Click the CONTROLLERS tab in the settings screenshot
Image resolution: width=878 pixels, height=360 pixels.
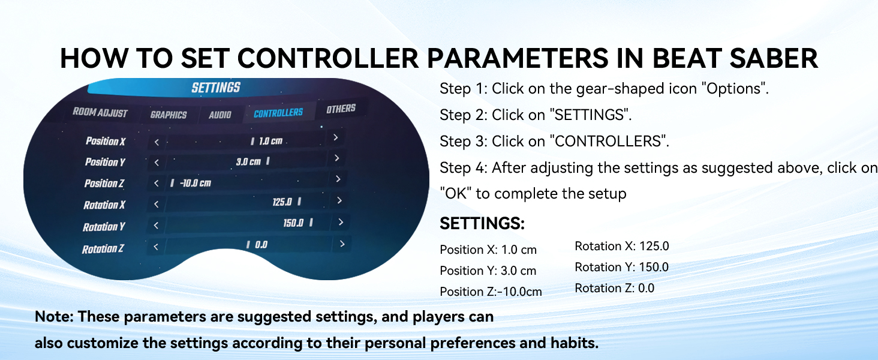click(278, 113)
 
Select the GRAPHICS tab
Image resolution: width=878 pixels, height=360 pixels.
click(169, 115)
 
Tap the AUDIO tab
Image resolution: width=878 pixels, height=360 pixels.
click(220, 115)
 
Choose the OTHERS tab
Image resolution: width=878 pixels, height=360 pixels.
click(341, 108)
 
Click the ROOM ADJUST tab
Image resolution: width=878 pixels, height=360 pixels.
click(100, 113)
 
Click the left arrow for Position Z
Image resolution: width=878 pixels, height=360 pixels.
click(157, 183)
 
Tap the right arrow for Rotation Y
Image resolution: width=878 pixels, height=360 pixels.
click(341, 223)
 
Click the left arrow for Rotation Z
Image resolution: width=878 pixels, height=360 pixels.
click(156, 247)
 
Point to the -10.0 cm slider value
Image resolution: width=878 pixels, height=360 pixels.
click(195, 183)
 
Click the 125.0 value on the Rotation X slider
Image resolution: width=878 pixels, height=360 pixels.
click(282, 202)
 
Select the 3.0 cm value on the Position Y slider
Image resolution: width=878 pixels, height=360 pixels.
click(248, 161)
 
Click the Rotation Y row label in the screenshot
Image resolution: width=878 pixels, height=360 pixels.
click(104, 227)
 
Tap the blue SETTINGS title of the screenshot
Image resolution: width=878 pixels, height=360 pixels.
click(216, 88)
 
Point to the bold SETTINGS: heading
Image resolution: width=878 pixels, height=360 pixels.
click(482, 223)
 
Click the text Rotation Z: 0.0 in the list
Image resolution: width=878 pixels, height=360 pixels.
click(614, 288)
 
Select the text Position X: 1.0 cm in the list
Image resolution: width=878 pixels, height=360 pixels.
click(488, 250)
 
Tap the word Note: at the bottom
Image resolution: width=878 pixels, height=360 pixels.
click(55, 316)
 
